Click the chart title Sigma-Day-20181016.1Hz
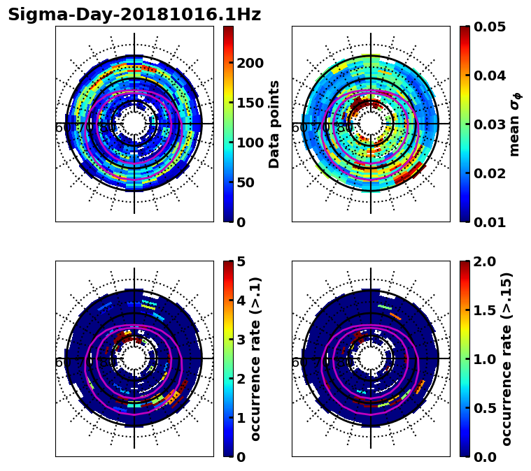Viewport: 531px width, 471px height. pyautogui.click(x=134, y=15)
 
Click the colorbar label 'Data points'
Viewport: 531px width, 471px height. pyautogui.click(x=274, y=124)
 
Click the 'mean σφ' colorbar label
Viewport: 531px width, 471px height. pyautogui.click(x=515, y=124)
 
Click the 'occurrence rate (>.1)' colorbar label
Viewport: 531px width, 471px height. pyautogui.click(x=256, y=358)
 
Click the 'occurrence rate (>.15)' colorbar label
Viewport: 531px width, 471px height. pyautogui.click(x=507, y=358)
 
